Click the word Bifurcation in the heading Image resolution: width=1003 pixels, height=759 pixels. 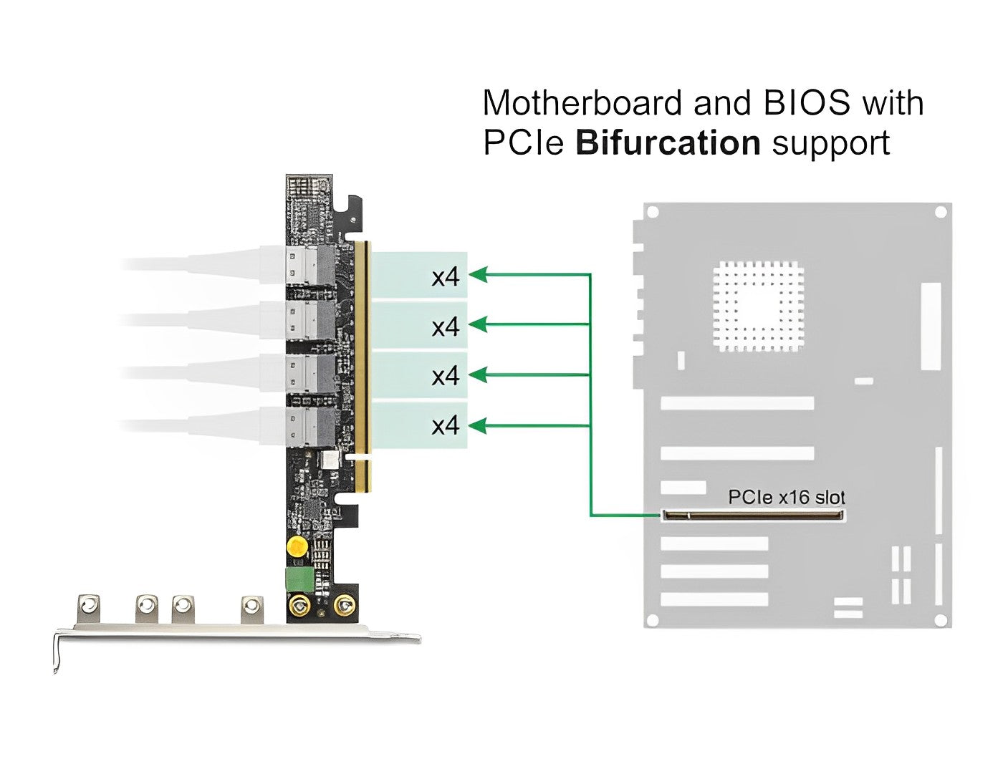pos(668,142)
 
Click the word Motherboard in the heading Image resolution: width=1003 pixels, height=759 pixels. pos(582,103)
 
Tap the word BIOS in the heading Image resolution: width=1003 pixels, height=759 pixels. pos(807,103)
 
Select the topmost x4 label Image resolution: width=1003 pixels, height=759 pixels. pos(445,276)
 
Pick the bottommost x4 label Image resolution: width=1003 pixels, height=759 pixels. pos(445,426)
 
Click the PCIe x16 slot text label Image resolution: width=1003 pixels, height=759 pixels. pos(786,496)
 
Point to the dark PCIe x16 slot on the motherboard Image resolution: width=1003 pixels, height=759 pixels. pos(753,514)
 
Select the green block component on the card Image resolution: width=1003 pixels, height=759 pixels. pos(298,579)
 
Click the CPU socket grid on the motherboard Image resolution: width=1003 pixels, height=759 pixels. pos(759,307)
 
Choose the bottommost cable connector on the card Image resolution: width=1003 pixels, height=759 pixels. pos(309,427)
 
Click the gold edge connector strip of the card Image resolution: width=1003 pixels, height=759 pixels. pos(363,365)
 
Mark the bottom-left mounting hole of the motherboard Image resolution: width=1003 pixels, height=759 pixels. pos(653,619)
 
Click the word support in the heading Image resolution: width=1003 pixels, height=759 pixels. pos(830,142)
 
